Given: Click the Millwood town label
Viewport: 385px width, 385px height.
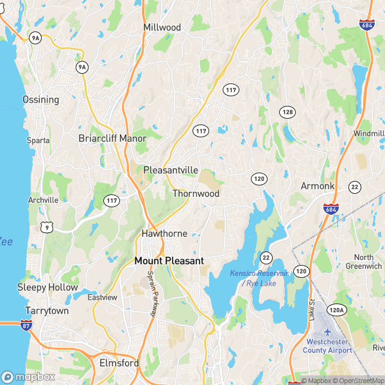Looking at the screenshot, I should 162,28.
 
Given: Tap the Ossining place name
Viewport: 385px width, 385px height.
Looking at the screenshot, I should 40,99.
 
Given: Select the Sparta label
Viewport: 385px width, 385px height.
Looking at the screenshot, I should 38,140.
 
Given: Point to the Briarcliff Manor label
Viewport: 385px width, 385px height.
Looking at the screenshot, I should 112,138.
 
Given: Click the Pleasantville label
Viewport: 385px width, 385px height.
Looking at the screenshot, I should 170,170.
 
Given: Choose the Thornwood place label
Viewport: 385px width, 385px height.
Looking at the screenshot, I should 196,193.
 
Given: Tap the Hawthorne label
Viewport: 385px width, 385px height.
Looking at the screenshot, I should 164,234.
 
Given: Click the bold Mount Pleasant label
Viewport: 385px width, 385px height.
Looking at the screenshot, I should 169,261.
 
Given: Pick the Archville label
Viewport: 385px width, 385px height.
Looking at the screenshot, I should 43,200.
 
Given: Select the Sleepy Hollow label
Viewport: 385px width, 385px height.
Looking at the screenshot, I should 47,287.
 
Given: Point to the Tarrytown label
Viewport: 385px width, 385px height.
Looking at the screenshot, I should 47,311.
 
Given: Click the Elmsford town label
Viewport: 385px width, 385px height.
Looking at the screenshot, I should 119,363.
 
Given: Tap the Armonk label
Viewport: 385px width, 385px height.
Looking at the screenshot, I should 318,185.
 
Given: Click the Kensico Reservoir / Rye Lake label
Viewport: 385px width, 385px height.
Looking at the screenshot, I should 259,278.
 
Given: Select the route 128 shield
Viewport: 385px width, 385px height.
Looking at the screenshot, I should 287,112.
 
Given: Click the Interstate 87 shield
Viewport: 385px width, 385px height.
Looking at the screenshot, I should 26,327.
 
